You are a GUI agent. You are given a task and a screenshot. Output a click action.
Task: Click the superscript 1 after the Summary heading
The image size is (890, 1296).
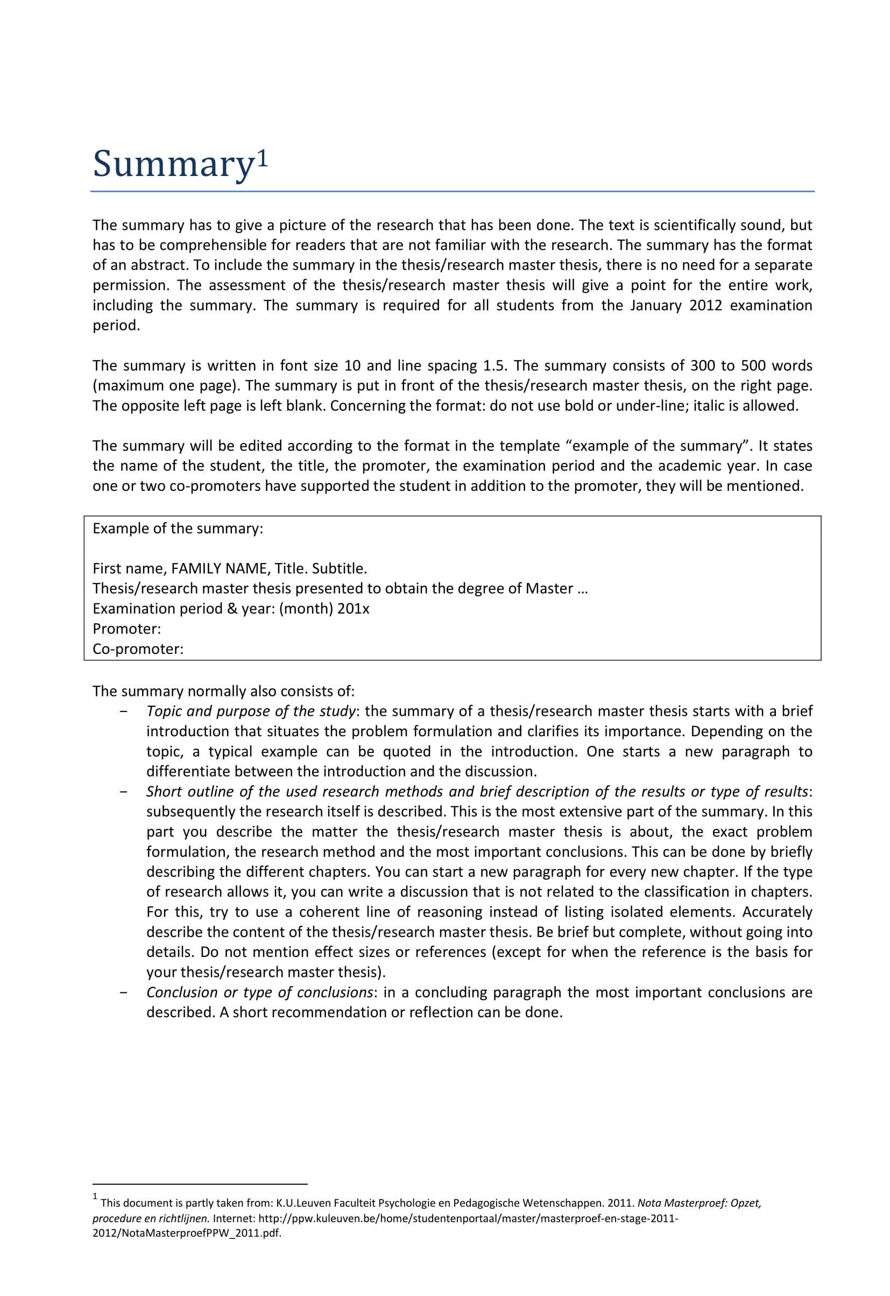[x=263, y=159]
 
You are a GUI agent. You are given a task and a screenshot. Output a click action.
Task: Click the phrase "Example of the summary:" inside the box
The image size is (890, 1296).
[x=178, y=528]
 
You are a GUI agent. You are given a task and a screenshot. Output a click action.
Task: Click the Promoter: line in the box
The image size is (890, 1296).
[x=126, y=629]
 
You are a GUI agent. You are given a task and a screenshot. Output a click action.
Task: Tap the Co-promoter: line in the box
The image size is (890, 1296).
[x=138, y=649]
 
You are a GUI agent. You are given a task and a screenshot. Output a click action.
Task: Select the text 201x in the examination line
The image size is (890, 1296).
[x=353, y=608]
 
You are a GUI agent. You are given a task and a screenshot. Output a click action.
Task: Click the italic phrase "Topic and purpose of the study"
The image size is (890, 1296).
[x=250, y=711]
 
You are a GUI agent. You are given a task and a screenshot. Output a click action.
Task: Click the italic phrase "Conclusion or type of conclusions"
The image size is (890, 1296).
[x=259, y=992]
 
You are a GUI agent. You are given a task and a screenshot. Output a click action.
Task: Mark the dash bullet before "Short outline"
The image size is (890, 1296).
[x=123, y=792]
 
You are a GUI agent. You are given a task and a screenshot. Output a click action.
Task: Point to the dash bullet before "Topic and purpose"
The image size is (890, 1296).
[x=123, y=712]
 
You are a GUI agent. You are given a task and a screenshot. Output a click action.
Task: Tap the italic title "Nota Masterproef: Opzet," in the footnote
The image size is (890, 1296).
[x=699, y=1203]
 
